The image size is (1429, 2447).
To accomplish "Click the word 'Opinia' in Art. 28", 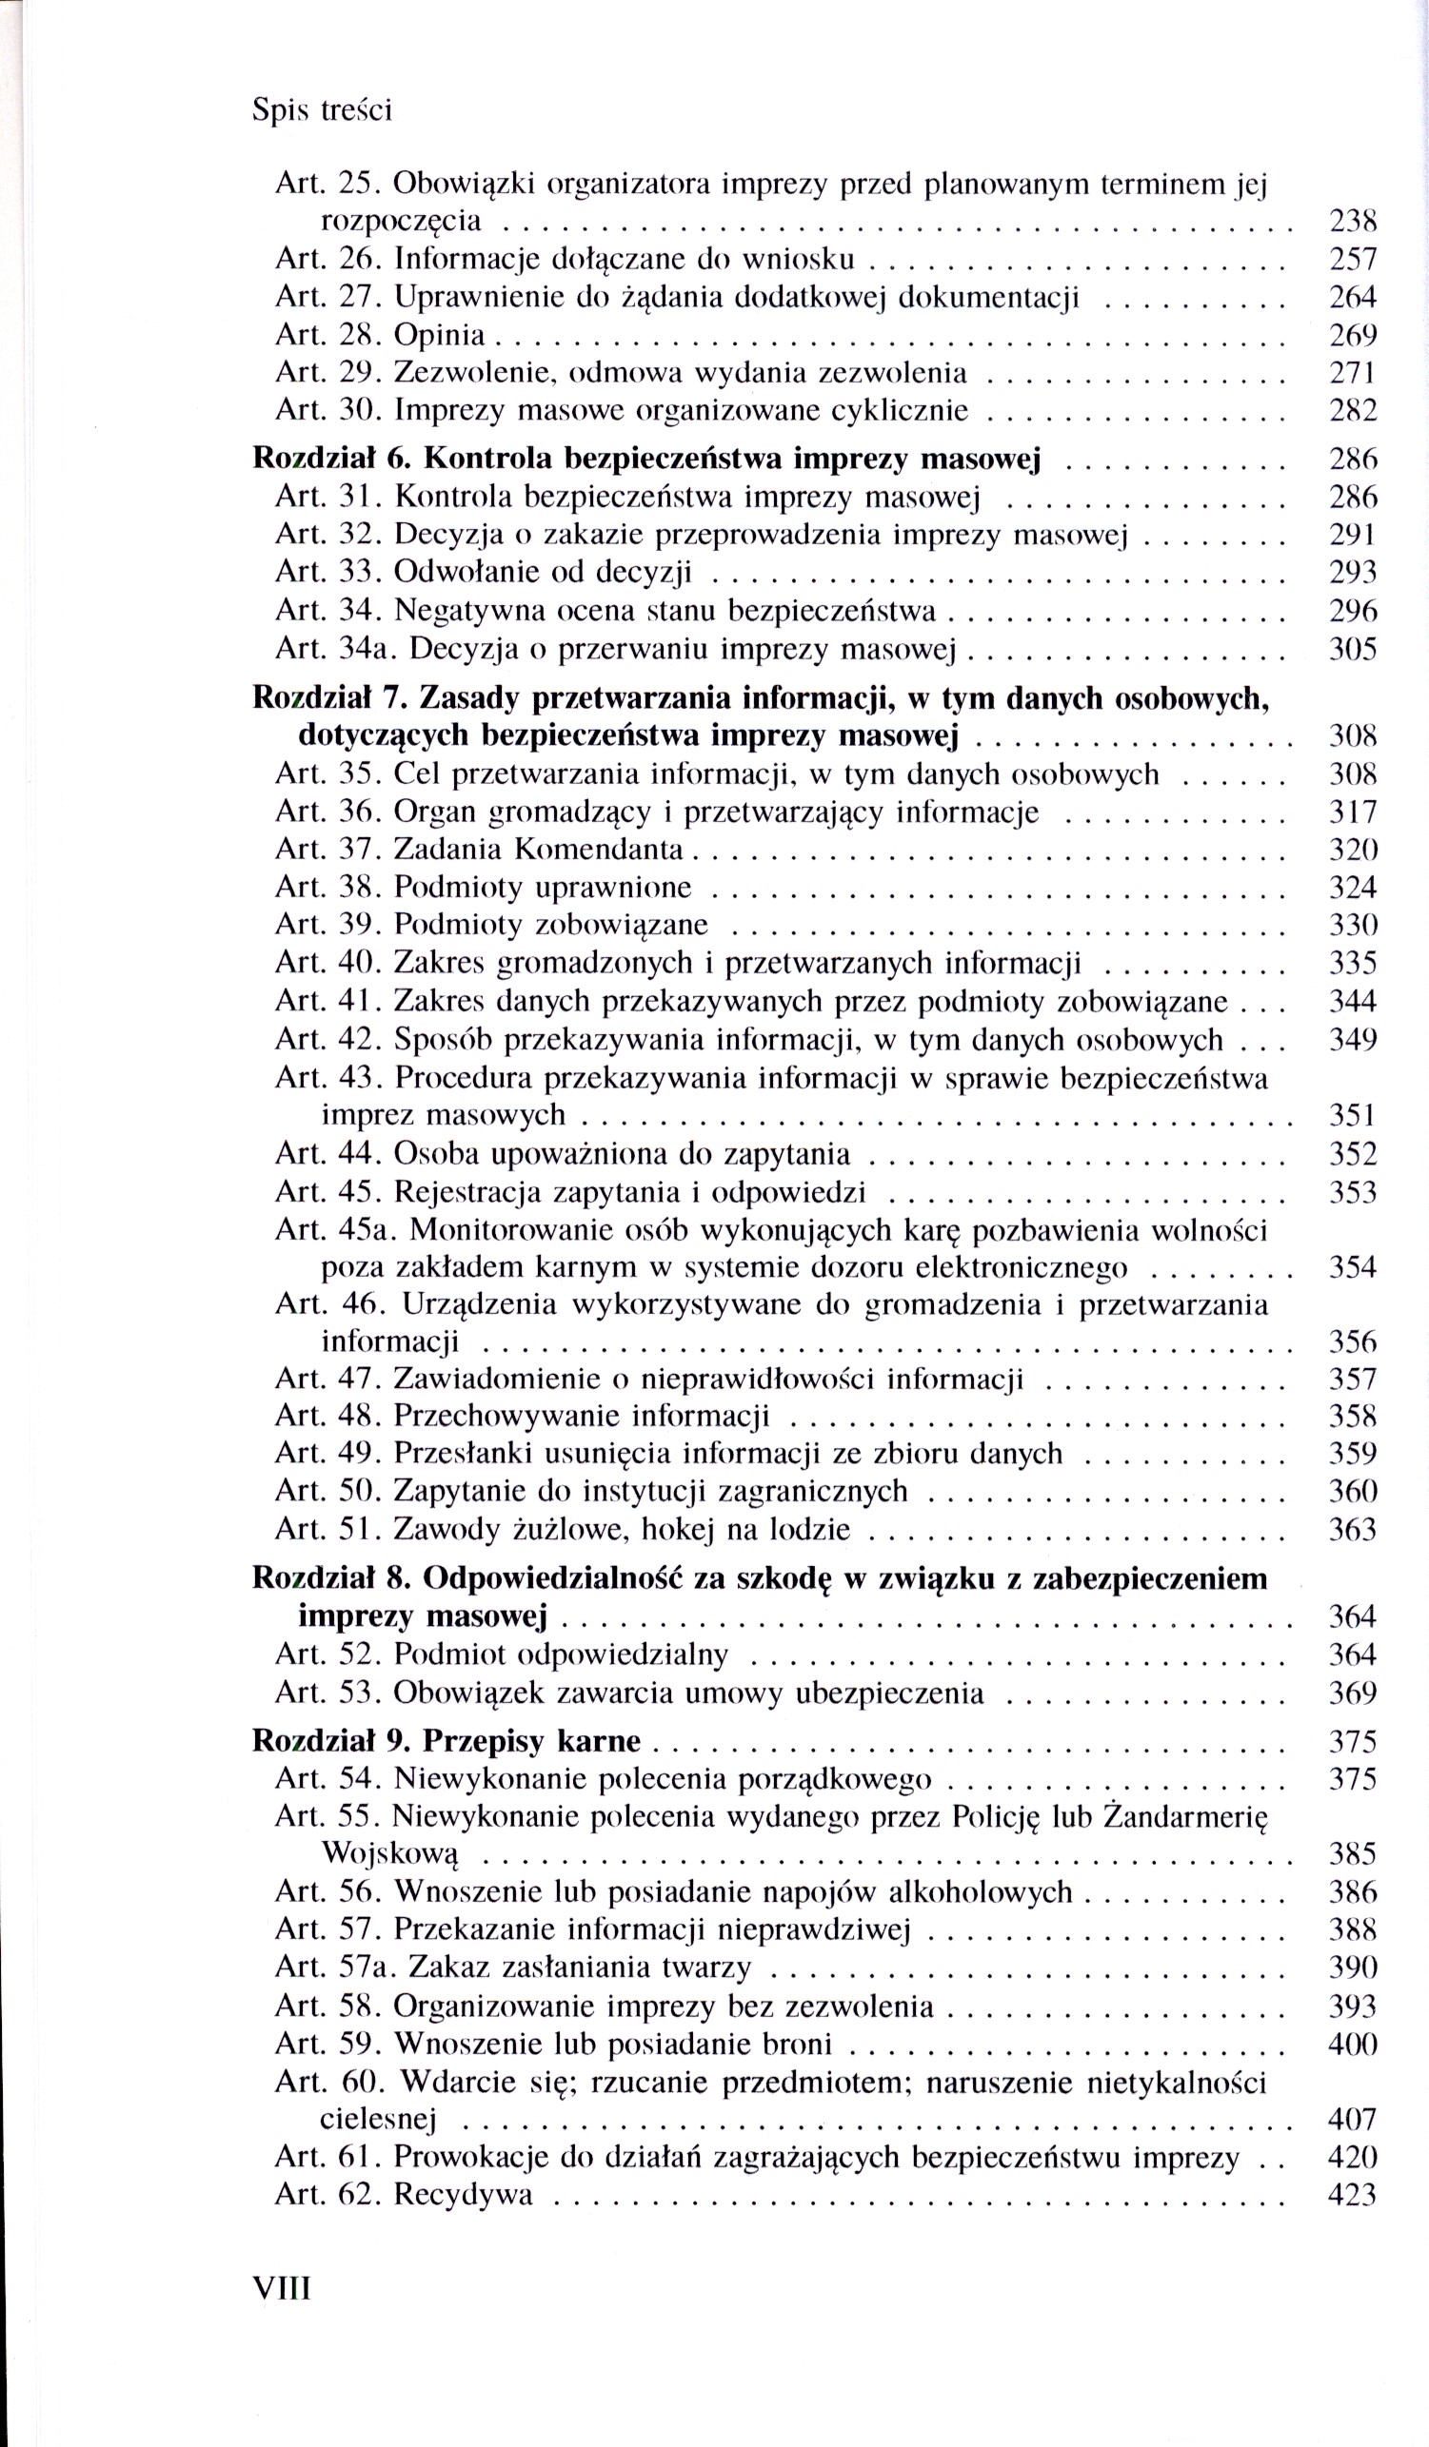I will (439, 336).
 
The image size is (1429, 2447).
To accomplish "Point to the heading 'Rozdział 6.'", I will (333, 459).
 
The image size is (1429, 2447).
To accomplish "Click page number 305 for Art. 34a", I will (1352, 649).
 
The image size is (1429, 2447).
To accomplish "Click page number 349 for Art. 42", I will (1352, 1040).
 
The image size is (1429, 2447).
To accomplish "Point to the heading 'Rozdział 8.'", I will (333, 1579).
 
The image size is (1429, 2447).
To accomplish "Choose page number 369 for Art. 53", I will (1352, 1693).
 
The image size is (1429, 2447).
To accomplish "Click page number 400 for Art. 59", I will (1352, 2044).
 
